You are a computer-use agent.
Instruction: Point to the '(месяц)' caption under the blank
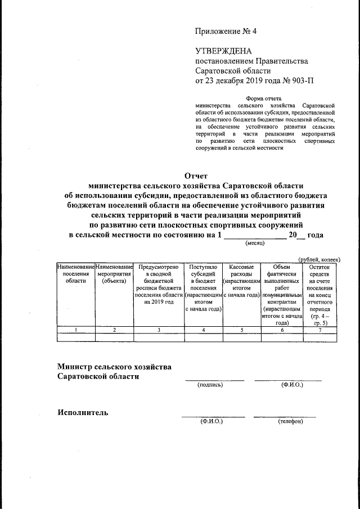click(x=256, y=244)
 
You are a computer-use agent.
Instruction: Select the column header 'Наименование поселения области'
click(x=76, y=273)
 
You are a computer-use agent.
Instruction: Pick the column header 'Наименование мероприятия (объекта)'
click(x=114, y=273)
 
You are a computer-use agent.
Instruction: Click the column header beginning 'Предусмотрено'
click(x=159, y=283)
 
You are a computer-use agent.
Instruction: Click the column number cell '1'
click(x=76, y=330)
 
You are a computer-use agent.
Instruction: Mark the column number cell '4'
click(x=202, y=330)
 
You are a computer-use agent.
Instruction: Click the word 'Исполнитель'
click(x=83, y=412)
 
